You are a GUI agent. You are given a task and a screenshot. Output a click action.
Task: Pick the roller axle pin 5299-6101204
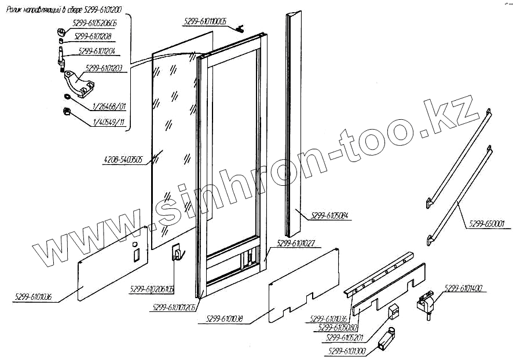61,58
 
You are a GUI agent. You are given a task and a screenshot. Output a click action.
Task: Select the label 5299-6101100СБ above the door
204,21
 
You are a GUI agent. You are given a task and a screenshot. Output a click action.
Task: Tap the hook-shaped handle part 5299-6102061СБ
177,252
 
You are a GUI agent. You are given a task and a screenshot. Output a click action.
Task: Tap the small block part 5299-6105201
394,311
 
